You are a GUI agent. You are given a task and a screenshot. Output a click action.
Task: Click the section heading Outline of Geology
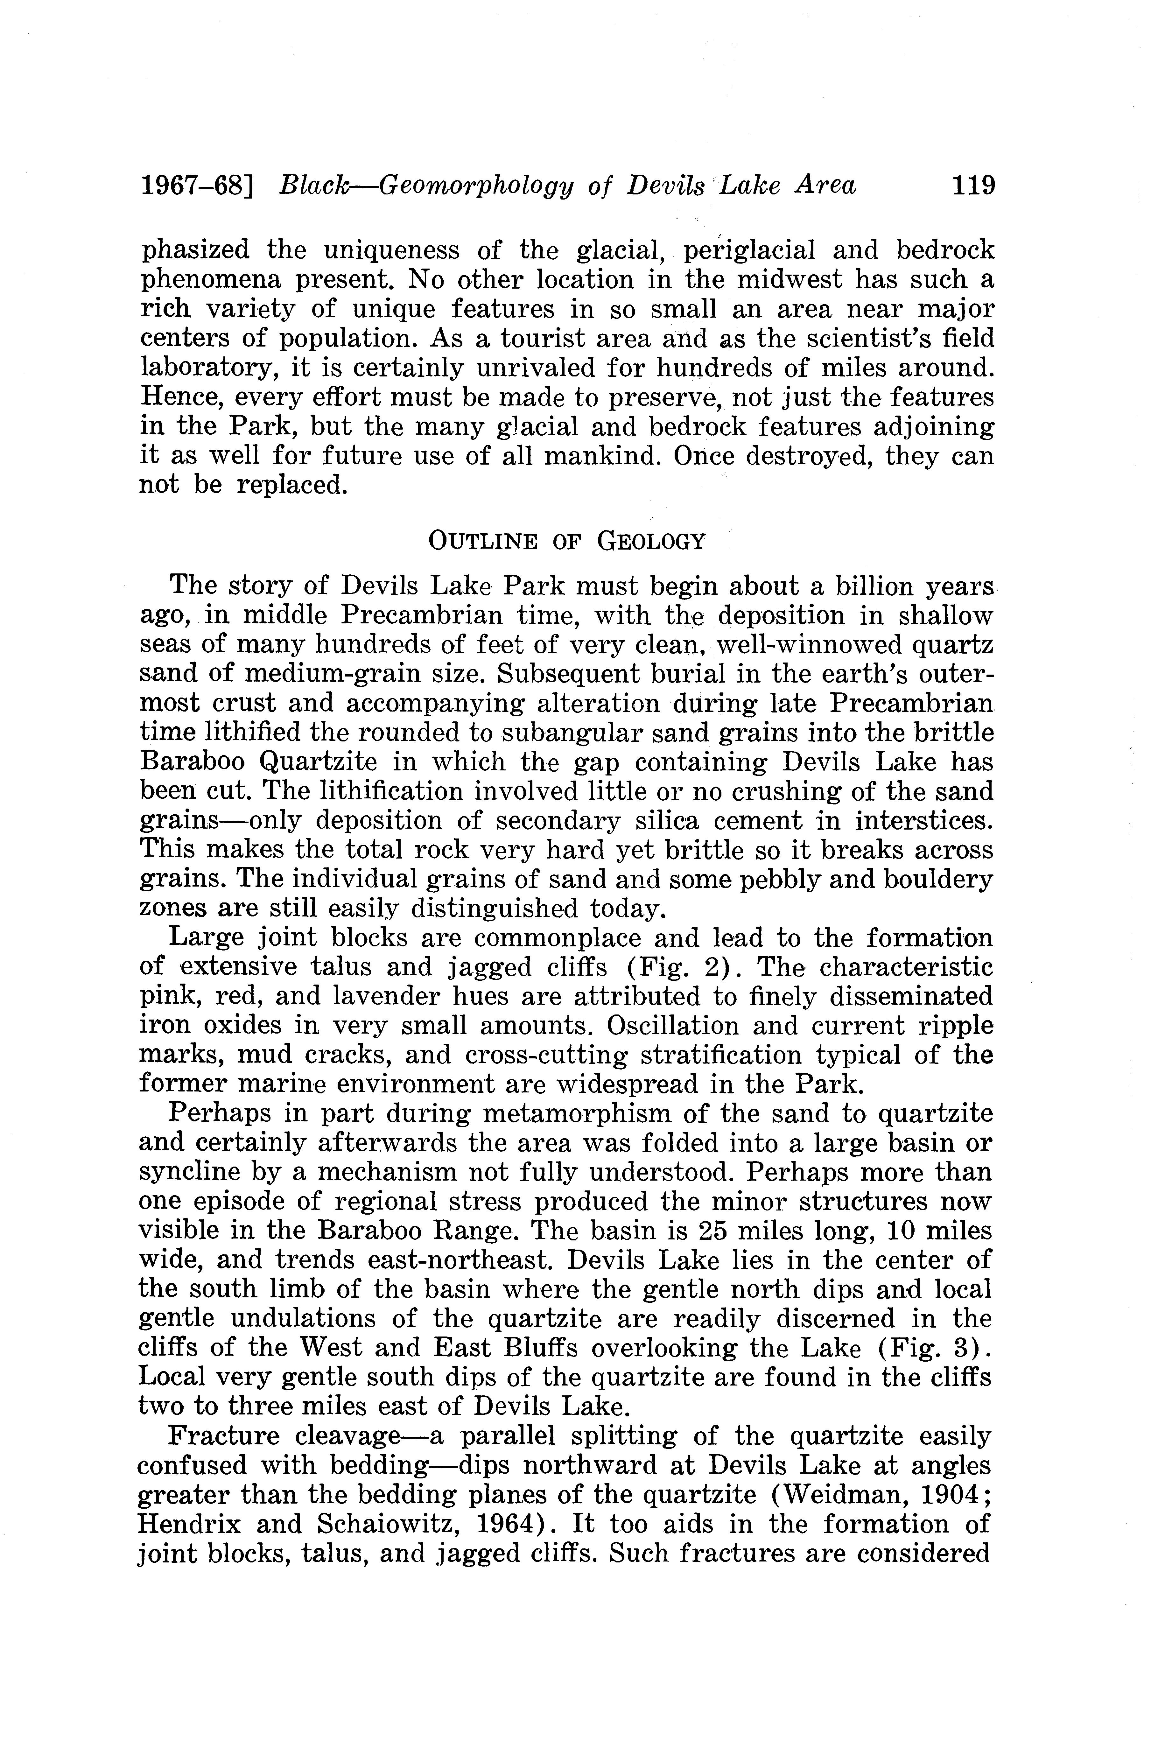coord(567,542)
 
